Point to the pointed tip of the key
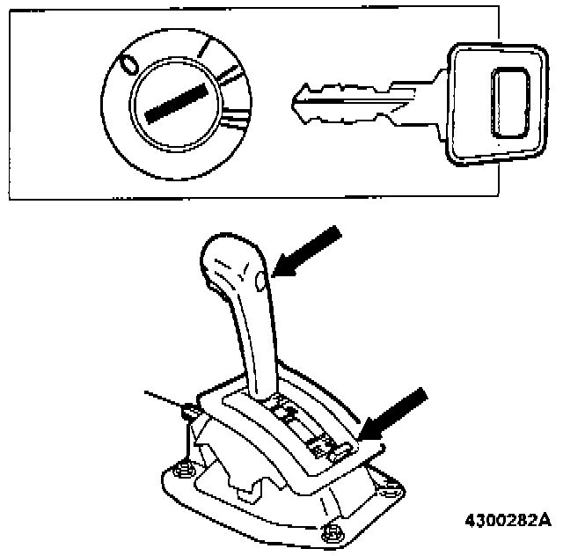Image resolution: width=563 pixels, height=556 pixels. pos(296,93)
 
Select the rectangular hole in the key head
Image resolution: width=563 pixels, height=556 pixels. pos(510,104)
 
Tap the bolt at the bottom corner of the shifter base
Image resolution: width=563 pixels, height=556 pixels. pos(333,532)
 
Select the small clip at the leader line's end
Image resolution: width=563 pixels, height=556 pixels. pos(187,410)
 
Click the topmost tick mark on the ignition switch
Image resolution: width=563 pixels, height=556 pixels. pos(204,49)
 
